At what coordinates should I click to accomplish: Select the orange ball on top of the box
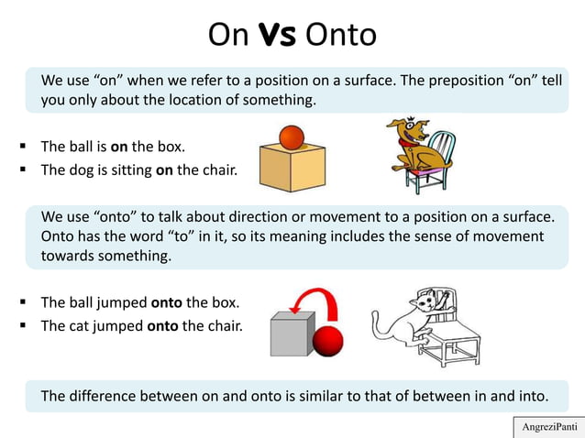(x=291, y=138)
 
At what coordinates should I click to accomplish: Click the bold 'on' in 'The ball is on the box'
(x=118, y=147)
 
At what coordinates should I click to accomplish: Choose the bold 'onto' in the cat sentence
(x=162, y=324)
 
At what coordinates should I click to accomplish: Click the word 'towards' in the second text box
(x=68, y=256)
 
